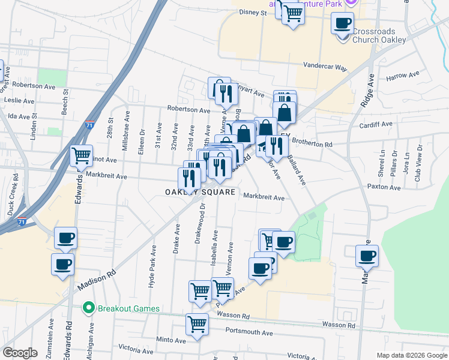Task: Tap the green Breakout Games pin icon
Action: tap(89, 308)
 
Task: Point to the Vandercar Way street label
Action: tap(325, 68)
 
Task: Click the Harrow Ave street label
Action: tap(402, 76)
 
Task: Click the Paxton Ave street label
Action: tap(384, 187)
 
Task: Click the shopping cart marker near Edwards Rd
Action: tap(82, 155)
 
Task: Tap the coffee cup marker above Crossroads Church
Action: tap(343, 23)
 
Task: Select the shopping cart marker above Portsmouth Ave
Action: tap(197, 324)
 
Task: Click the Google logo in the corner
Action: tap(20, 353)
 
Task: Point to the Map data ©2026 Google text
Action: tap(412, 355)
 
